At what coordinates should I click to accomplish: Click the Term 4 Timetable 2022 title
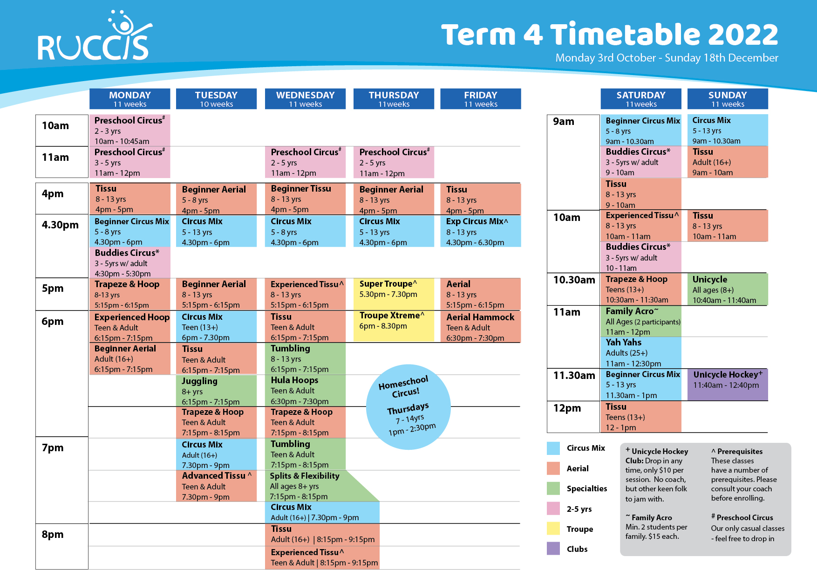pos(609,35)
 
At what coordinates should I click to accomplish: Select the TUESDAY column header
pos(216,99)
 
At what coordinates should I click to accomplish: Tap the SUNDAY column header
pos(727,99)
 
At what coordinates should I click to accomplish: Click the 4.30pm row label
pos(61,225)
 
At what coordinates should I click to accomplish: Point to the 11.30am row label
pos(574,376)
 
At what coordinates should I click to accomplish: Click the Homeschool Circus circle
pos(408,407)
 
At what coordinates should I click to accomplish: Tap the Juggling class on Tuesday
pos(216,391)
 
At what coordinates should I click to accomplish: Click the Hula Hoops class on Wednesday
pos(305,391)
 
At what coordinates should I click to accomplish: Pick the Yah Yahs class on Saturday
pos(641,353)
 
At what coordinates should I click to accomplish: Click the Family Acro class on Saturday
pos(641,321)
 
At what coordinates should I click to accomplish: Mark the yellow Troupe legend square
pos(553,529)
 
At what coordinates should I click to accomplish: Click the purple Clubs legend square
pos(553,549)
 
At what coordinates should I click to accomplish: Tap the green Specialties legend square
pos(553,488)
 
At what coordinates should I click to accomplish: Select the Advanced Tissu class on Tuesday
pos(216,486)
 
